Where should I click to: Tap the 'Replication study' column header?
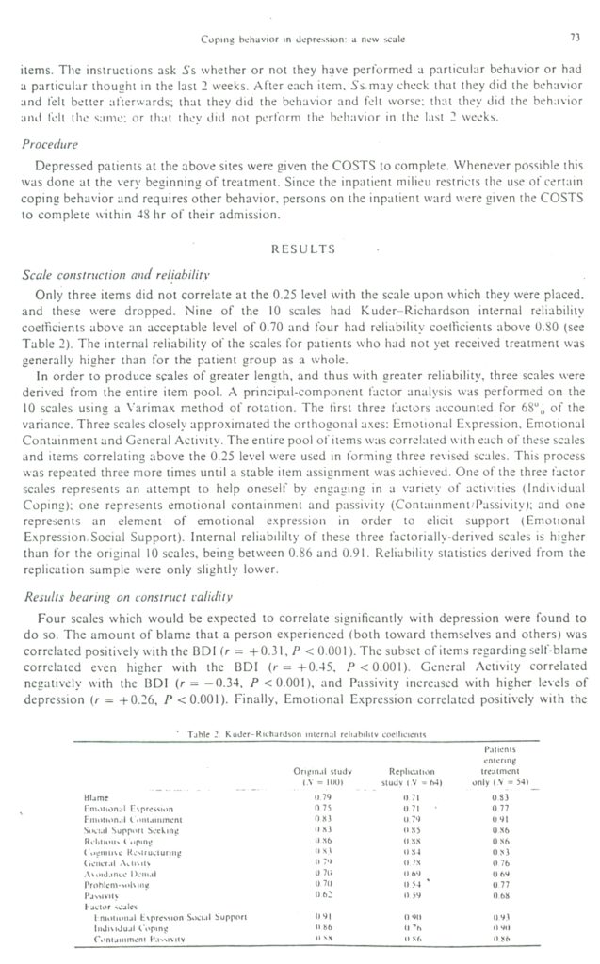pos(415,774)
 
